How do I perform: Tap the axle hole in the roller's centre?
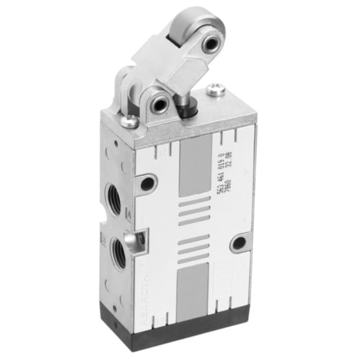(211, 44)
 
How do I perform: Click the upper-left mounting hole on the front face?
(148, 184)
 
